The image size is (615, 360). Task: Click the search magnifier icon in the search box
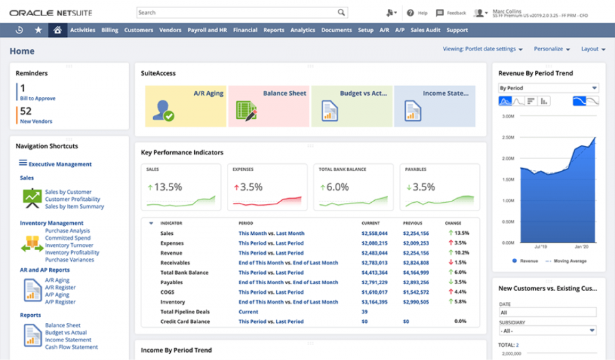341,12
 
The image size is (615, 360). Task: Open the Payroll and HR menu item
207,30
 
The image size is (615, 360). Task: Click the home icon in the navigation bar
57,30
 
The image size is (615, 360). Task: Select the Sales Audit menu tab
425,30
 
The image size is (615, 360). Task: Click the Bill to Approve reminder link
38,98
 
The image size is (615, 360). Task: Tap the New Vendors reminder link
36,122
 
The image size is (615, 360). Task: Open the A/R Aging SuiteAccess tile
186,106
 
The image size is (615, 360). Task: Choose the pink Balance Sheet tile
269,106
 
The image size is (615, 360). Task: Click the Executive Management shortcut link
60,164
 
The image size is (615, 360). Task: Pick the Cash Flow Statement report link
72,346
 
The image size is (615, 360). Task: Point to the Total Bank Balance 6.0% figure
338,187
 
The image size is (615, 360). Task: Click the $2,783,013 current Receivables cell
374,262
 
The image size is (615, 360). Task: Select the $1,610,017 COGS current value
374,292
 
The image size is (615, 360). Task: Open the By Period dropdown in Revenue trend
548,88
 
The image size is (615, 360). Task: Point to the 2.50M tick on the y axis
508,137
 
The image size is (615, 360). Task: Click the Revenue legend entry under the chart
528,260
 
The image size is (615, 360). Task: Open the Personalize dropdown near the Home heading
552,49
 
